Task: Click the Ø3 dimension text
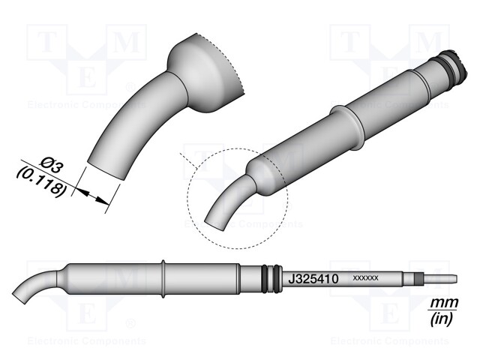52,163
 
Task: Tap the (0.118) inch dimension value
42,181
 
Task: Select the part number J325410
314,278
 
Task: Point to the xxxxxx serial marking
364,279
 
